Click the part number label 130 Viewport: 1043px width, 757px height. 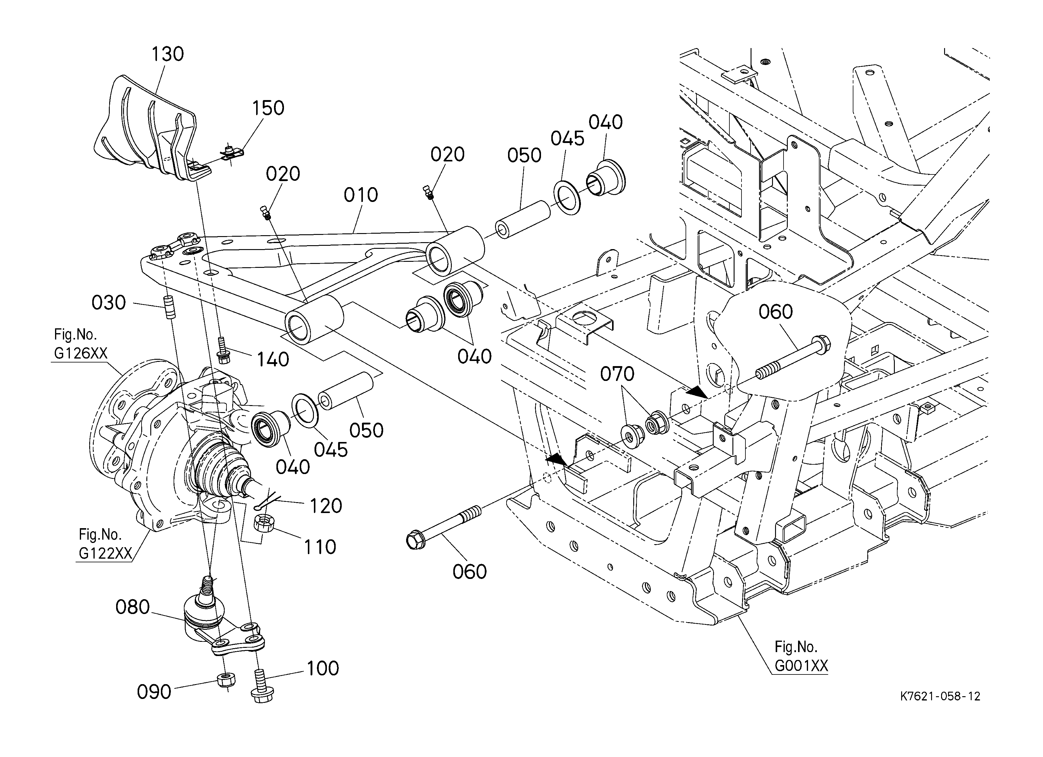pyautogui.click(x=168, y=54)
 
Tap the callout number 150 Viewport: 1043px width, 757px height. pyautogui.click(x=268, y=108)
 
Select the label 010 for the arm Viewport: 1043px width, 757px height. pyautogui.click(x=361, y=195)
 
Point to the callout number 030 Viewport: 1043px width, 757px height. pyautogui.click(x=109, y=303)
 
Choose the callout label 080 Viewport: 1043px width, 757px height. pyautogui.click(x=132, y=607)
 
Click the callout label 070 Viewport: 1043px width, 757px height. pyautogui.click(x=617, y=374)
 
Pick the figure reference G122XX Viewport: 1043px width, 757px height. pyautogui.click(x=105, y=553)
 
